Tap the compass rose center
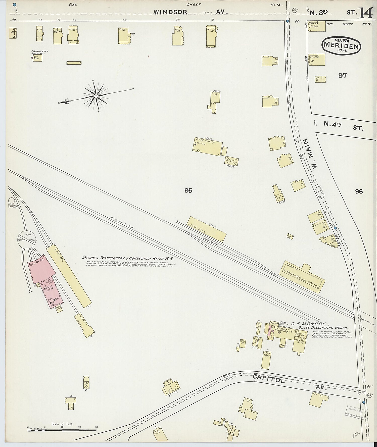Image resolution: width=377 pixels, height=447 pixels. click(x=96, y=96)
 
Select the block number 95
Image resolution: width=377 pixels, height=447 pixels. click(x=188, y=190)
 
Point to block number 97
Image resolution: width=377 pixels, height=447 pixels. click(x=342, y=75)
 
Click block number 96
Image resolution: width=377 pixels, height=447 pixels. click(x=359, y=191)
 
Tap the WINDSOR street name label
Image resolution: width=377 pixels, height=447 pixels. click(x=170, y=12)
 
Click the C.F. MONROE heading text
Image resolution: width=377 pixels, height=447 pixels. click(x=308, y=324)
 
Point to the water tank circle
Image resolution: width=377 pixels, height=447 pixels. click(x=11, y=201)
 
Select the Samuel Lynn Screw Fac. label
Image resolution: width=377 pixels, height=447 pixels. click(x=40, y=52)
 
